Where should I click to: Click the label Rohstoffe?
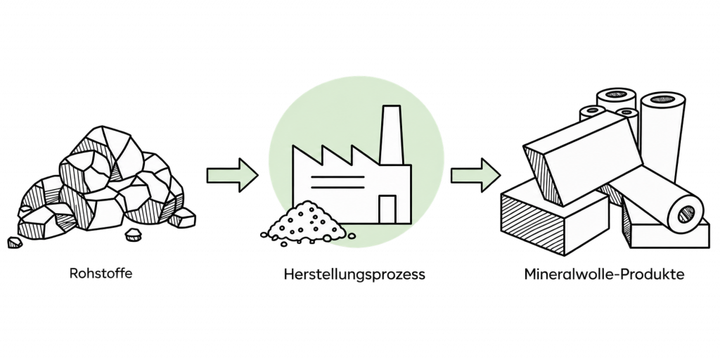tap(101, 274)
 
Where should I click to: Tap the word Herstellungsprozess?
tap(354, 275)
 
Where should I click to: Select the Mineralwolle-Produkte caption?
tap(604, 274)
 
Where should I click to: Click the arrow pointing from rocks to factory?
tap(232, 175)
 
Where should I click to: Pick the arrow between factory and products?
tap(475, 175)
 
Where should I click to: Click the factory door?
tap(387, 210)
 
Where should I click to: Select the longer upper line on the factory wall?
tap(337, 176)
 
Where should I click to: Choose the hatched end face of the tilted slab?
tap(544, 176)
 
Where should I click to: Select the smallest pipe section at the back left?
tap(592, 112)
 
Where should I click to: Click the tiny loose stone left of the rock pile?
tap(15, 243)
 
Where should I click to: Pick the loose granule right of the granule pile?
tap(352, 236)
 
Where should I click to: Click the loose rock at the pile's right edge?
tap(182, 218)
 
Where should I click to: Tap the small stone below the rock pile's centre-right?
tap(133, 235)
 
